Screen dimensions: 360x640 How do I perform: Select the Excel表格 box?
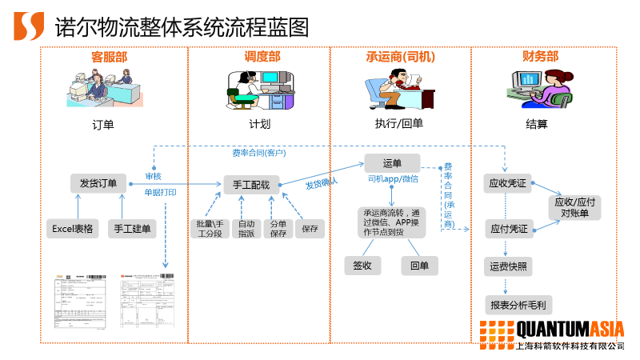pos(73,229)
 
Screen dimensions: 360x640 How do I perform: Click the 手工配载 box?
pos(251,185)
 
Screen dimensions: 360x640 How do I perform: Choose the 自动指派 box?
pos(246,229)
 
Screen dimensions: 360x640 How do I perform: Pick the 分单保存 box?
pos(278,229)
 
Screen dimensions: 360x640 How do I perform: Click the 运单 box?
pos(392,163)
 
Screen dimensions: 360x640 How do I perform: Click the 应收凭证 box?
pos(508,183)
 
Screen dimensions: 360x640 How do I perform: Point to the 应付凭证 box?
pos(508,229)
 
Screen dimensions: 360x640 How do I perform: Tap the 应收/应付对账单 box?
pos(575,207)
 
